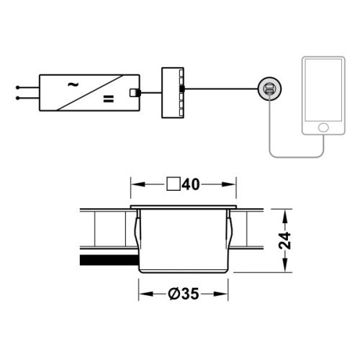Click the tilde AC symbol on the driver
pos(72,84)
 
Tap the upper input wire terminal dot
pos(17,87)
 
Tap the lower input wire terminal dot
pos(17,95)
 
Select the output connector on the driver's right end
pos(133,92)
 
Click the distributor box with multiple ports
pos(173,89)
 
